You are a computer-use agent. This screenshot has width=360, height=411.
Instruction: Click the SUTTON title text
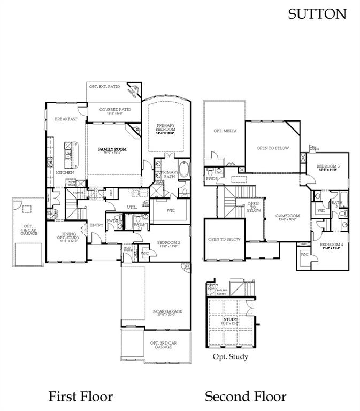coord(317,14)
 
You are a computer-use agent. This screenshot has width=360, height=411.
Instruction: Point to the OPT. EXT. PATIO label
coord(104,86)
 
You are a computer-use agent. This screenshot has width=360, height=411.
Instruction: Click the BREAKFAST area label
coord(66,119)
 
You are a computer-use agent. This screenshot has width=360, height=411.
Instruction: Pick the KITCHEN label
coord(65,173)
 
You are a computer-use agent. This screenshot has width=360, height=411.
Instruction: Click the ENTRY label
coord(97,225)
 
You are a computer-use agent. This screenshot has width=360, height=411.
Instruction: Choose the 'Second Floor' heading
coord(246,397)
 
